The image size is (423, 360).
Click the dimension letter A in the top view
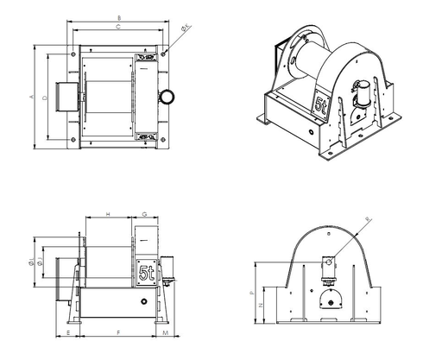(x=31, y=97)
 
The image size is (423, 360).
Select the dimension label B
(x=118, y=17)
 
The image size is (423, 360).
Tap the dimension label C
(x=118, y=28)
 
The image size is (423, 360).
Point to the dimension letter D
(x=43, y=98)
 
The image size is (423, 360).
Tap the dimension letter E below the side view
(x=67, y=332)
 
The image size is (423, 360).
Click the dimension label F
(x=117, y=332)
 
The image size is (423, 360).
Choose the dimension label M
(x=165, y=332)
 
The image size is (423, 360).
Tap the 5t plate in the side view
(x=147, y=274)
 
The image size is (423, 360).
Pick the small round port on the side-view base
(x=141, y=302)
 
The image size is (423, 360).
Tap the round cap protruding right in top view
(x=167, y=95)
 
